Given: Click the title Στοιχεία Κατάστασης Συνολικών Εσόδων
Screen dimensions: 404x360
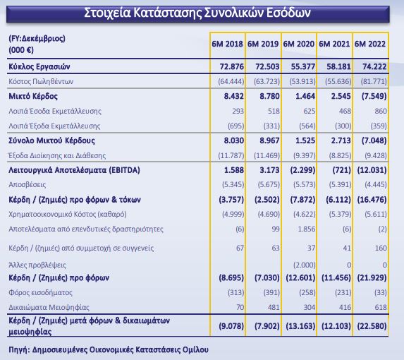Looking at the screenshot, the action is [x=197, y=13].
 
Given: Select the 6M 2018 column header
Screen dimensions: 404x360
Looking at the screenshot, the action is [x=227, y=44].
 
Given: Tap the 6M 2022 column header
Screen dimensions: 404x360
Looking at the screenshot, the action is [x=370, y=44].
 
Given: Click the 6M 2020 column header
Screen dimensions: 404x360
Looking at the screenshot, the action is [x=299, y=44].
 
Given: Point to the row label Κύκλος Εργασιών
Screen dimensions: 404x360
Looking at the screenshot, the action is [x=39, y=67].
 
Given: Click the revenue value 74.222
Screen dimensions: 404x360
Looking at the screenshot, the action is [x=374, y=67].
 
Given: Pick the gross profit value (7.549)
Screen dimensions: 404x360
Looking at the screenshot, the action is [x=374, y=96].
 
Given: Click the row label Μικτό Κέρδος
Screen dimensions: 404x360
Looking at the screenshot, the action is [x=33, y=96].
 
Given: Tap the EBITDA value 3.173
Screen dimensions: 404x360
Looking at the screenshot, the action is [x=267, y=170].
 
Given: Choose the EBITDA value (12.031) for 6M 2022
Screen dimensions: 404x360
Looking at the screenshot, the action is [x=372, y=170].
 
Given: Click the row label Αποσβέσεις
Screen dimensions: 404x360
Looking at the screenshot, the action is [x=27, y=185].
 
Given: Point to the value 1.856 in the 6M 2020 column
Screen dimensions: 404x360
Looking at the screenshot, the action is [x=307, y=229].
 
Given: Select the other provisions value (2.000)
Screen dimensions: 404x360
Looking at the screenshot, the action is [x=305, y=265].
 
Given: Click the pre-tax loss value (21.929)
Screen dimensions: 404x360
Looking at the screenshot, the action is [x=372, y=277].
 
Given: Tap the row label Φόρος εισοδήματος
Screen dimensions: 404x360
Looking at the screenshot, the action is [x=40, y=293].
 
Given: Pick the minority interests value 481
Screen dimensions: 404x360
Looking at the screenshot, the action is [x=274, y=307].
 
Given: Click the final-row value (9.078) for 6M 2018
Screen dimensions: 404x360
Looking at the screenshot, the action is [x=231, y=326].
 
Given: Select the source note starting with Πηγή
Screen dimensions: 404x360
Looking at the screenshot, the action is [x=109, y=350].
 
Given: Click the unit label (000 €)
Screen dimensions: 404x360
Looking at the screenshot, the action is [x=21, y=50].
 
